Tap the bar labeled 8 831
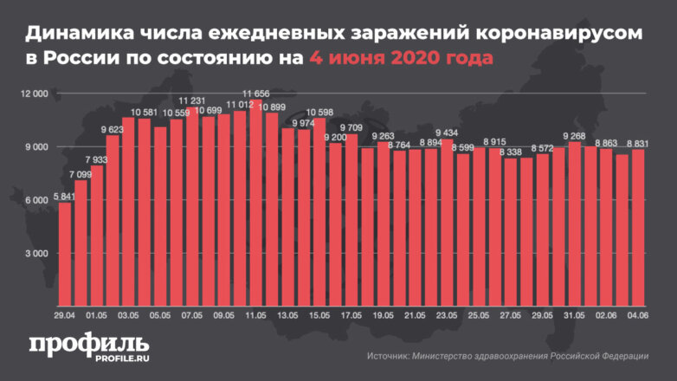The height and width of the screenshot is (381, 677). point(638,229)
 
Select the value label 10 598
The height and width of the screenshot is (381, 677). point(319,112)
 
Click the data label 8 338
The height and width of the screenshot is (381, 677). point(510,152)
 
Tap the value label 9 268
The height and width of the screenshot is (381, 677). point(574,135)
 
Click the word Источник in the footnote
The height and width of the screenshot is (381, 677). point(389,356)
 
